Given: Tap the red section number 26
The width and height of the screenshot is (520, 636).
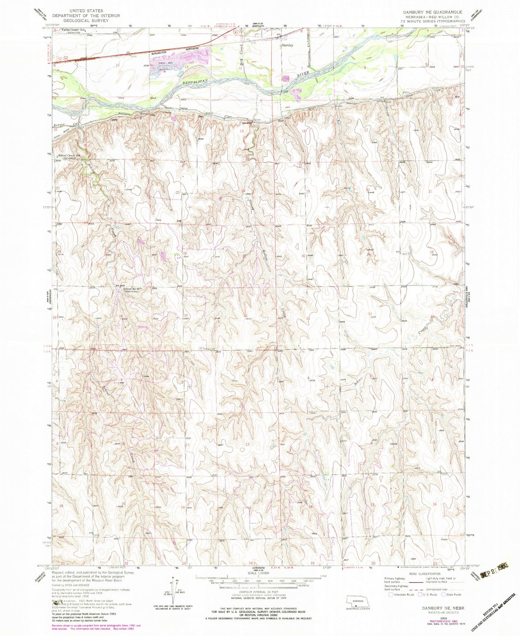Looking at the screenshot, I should tap(184, 253).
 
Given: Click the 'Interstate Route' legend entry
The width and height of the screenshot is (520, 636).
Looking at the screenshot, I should tap(400, 594).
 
